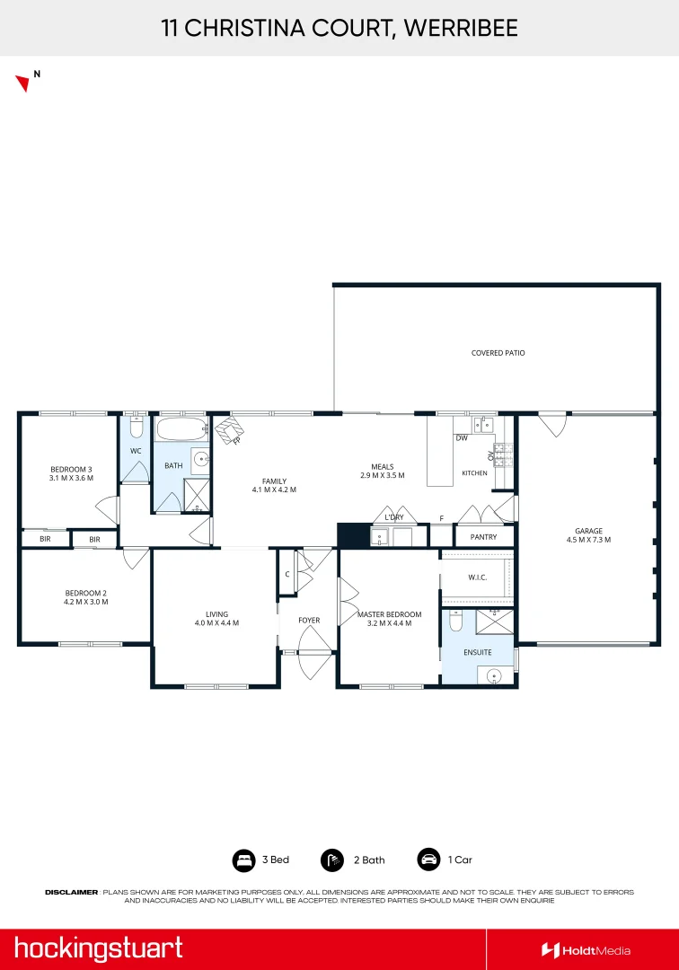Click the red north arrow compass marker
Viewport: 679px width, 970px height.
click(x=23, y=83)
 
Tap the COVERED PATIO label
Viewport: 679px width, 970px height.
click(x=498, y=353)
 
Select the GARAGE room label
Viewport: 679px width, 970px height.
click(x=588, y=531)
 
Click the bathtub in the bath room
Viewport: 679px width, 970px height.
click(x=181, y=428)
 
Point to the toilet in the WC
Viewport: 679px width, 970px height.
click(x=136, y=426)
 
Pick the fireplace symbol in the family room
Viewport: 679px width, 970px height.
click(x=229, y=430)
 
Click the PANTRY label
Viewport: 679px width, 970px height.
click(x=483, y=537)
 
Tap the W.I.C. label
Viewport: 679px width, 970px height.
click(x=478, y=578)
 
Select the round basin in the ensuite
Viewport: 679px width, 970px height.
click(x=493, y=675)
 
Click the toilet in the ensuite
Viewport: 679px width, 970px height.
click(x=455, y=621)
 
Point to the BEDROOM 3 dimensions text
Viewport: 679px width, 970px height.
click(x=71, y=478)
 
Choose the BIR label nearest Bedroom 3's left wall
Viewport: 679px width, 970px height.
click(x=45, y=539)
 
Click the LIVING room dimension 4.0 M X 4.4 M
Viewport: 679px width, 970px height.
click(x=217, y=623)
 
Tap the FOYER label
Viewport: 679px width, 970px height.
click(x=309, y=620)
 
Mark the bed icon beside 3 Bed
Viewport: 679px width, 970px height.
click(x=243, y=860)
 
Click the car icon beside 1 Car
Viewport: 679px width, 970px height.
click(x=428, y=860)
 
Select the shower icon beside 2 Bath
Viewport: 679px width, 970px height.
click(x=332, y=860)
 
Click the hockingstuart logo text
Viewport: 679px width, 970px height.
click(x=98, y=948)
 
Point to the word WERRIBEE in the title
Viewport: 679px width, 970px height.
click(x=461, y=28)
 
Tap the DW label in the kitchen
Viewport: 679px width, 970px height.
click(x=462, y=438)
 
